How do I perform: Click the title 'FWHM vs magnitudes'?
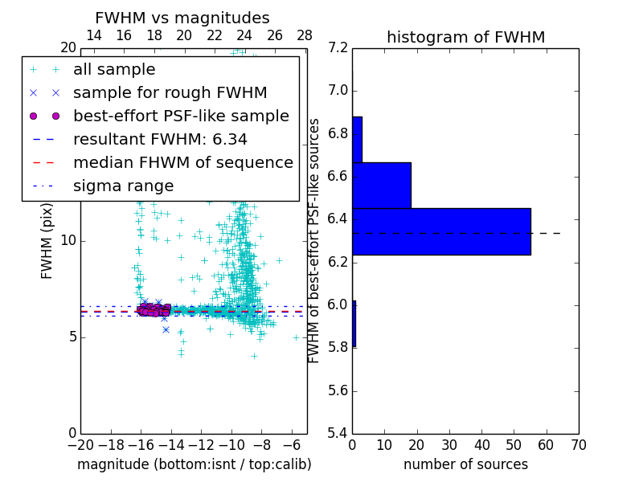pyautogui.click(x=182, y=18)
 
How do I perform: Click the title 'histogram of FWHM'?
pyautogui.click(x=465, y=38)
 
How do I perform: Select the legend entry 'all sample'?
pyautogui.click(x=114, y=70)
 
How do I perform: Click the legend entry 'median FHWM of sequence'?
pyautogui.click(x=182, y=162)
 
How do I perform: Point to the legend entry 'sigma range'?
pyautogui.click(x=123, y=186)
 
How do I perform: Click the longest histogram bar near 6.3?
pyautogui.click(x=441, y=231)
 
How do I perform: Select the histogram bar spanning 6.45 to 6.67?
pyautogui.click(x=382, y=186)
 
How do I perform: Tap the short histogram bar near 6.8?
pyautogui.click(x=357, y=140)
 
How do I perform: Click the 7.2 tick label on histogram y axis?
pyautogui.click(x=338, y=47)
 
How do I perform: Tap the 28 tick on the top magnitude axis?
pyautogui.click(x=305, y=35)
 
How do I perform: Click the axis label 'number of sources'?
pyautogui.click(x=465, y=464)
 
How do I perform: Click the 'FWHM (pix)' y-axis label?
pyautogui.click(x=47, y=240)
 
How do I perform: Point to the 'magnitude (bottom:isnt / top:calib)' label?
pyautogui.click(x=194, y=464)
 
